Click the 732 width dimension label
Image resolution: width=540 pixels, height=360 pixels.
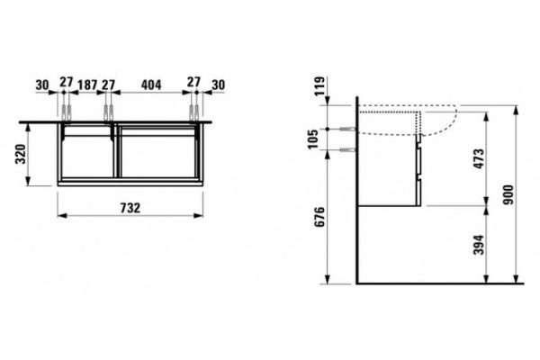(x=130, y=208)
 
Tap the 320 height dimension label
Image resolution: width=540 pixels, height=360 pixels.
(x=21, y=154)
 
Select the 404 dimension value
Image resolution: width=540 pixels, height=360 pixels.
(x=151, y=85)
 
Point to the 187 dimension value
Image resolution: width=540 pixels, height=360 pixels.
(x=87, y=85)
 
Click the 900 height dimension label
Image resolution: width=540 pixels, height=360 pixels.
(x=508, y=194)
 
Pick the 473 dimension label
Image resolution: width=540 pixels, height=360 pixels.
(x=479, y=158)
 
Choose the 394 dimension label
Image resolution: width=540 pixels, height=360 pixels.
(x=479, y=245)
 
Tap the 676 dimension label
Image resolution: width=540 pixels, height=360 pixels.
(x=319, y=217)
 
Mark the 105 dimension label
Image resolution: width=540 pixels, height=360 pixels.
(x=313, y=139)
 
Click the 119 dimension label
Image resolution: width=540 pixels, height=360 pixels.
(x=319, y=86)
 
